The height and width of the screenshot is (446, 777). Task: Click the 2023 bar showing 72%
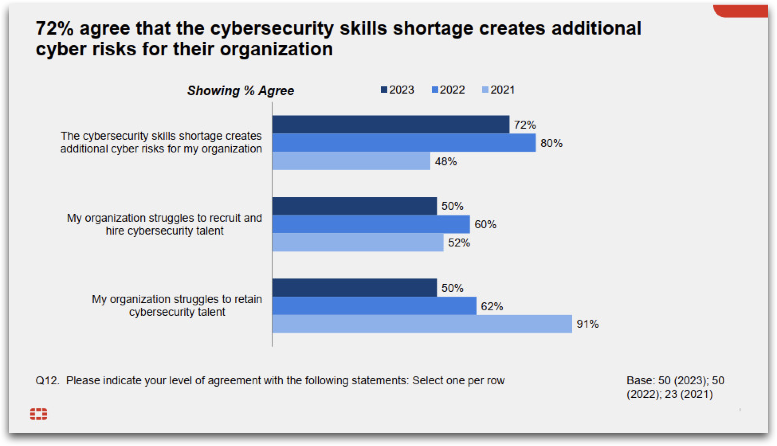(x=391, y=124)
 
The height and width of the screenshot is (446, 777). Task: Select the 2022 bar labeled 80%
(x=404, y=143)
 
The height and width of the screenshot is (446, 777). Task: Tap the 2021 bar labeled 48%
(x=351, y=161)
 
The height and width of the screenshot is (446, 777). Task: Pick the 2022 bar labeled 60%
(x=371, y=224)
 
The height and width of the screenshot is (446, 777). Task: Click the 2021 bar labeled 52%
(x=358, y=242)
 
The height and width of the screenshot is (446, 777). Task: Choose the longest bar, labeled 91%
(x=422, y=324)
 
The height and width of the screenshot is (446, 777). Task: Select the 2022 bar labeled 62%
(x=374, y=306)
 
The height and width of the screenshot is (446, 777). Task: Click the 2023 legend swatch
(x=384, y=90)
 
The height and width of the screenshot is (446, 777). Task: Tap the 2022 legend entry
(x=449, y=90)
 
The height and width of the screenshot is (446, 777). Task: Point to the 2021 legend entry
(x=499, y=90)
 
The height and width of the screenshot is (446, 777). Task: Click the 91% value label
(x=587, y=324)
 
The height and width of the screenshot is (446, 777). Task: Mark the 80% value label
(x=551, y=143)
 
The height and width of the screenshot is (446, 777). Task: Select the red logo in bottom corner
(x=38, y=414)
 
